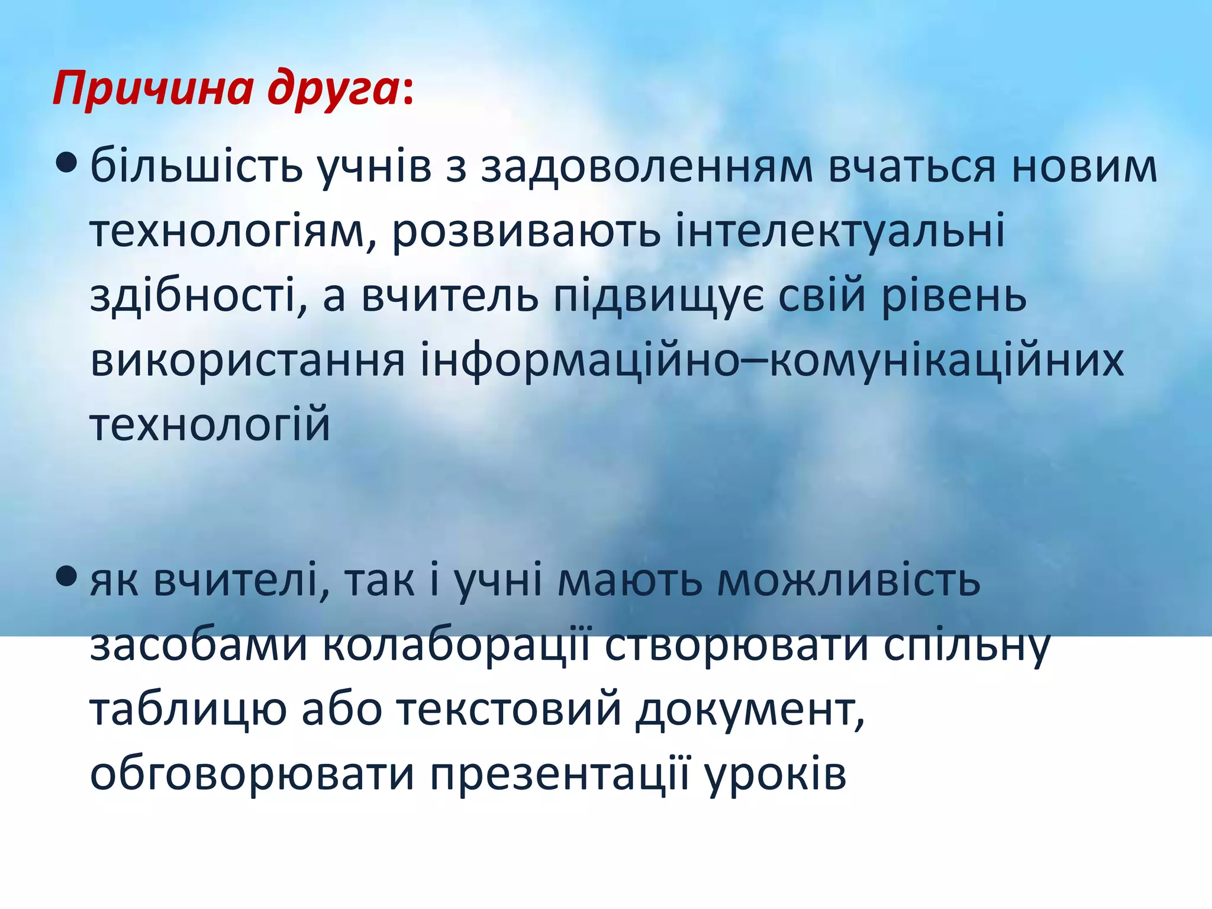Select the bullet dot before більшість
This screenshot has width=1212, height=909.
coord(66,162)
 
